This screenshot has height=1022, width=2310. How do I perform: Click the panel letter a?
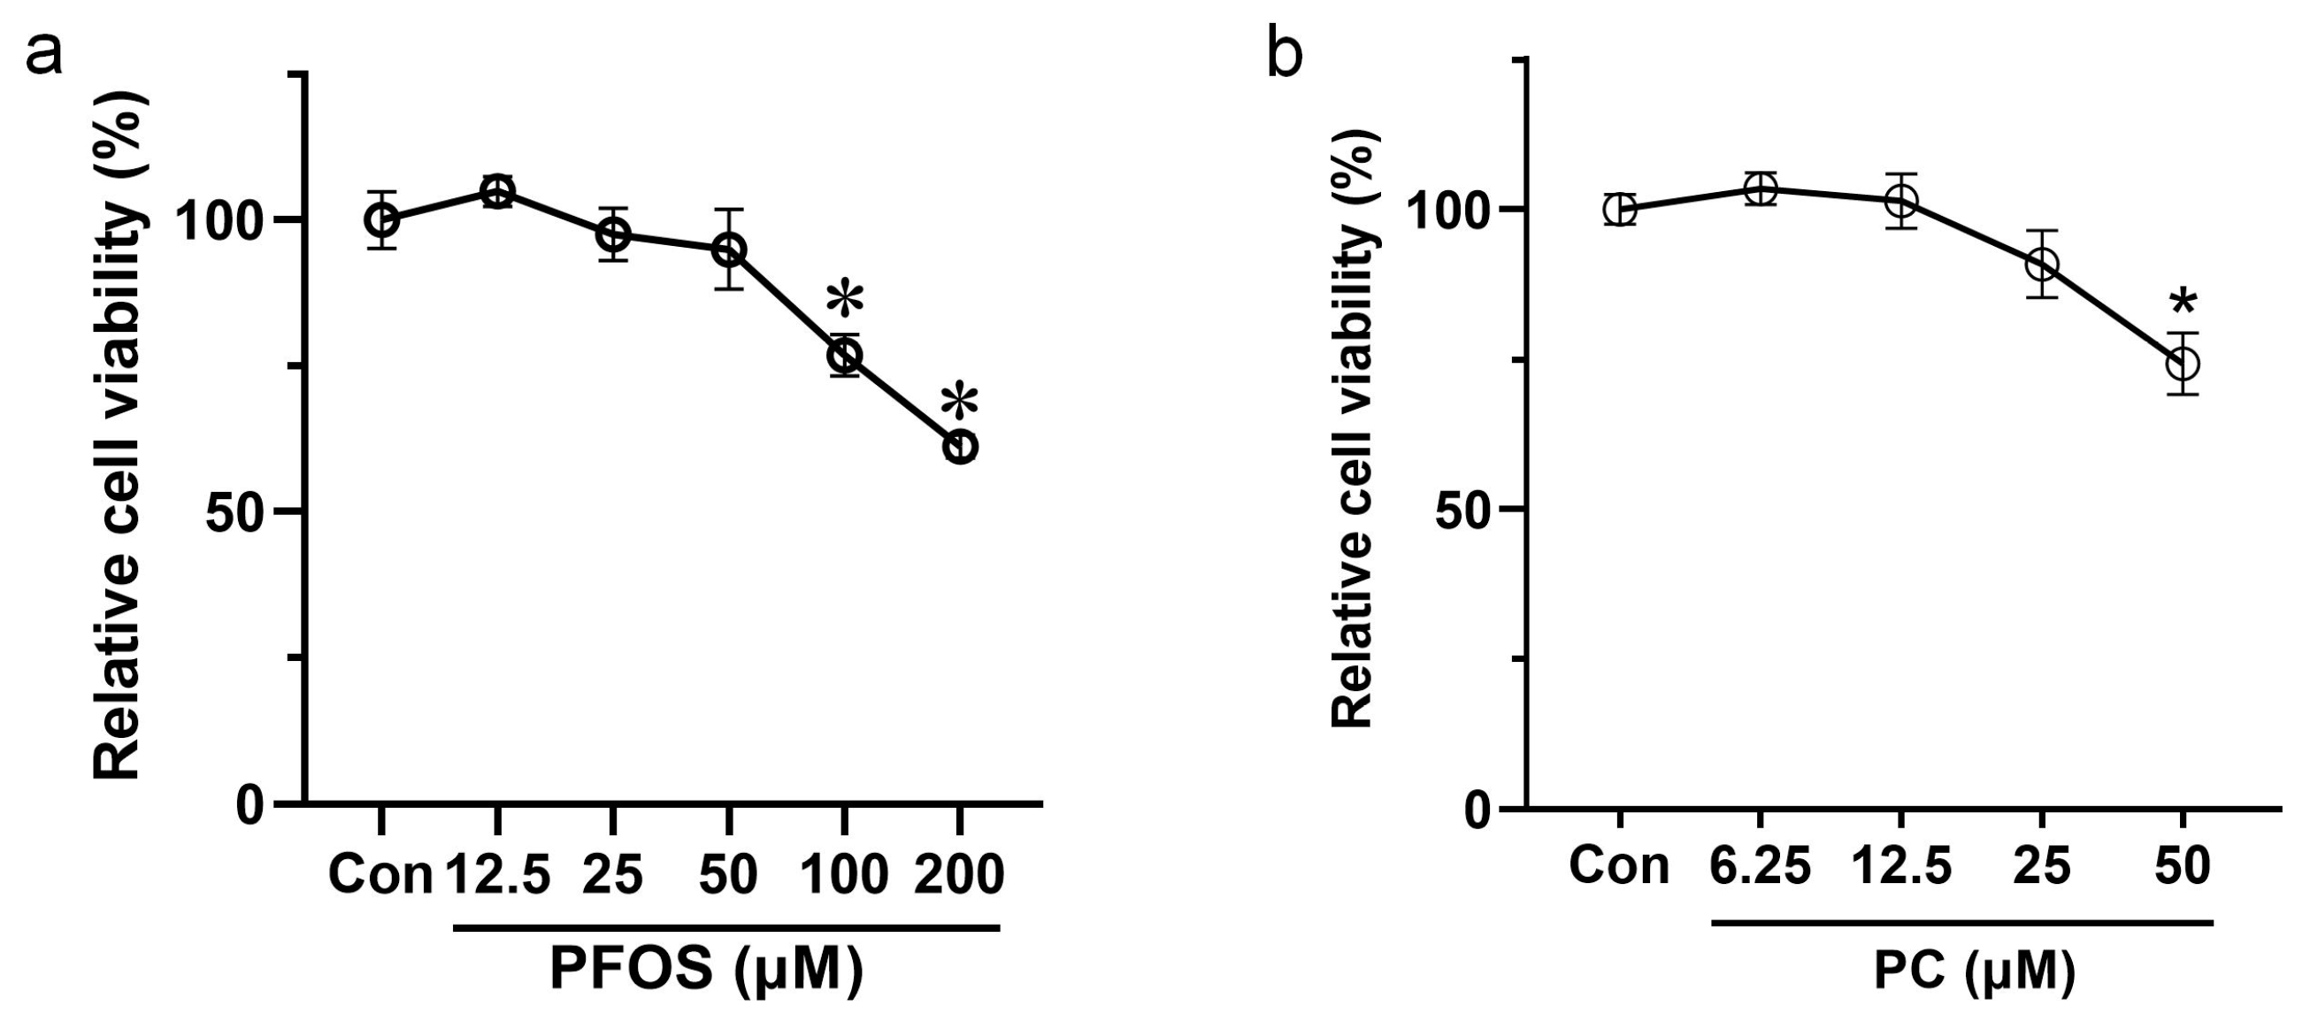44,56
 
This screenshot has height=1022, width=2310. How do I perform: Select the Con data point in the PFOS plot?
382,219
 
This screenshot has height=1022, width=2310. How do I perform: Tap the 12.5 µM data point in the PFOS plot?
497,191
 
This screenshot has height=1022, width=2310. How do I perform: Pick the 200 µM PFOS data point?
961,447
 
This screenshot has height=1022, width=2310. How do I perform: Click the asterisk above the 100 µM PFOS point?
845,300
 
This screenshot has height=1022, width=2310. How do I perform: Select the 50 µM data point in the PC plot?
2183,364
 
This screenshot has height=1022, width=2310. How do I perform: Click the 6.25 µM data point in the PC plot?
1761,189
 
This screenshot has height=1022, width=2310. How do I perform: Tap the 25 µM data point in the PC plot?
2042,265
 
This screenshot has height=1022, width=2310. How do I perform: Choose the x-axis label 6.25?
1761,867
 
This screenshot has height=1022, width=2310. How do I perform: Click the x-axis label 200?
959,874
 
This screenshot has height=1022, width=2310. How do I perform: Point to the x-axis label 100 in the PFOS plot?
844,874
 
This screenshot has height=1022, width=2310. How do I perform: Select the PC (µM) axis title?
1974,972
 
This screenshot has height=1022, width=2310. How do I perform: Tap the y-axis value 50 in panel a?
236,511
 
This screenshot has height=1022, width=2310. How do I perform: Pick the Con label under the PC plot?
1619,867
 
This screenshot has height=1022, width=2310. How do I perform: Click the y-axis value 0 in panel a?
251,805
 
